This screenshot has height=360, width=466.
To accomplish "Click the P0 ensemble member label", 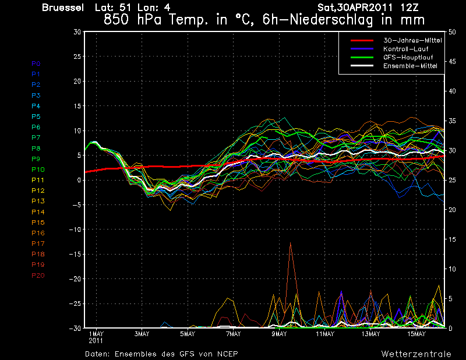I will (36, 63).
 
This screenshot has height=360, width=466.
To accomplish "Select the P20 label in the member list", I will (38, 276).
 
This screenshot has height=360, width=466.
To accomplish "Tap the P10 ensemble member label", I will (38, 170).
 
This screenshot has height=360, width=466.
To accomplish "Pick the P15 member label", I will (38, 223).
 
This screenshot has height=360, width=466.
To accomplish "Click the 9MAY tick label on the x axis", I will (279, 334).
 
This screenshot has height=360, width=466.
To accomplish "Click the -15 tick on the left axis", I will (75, 254).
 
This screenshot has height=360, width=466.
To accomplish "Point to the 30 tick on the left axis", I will (77, 32).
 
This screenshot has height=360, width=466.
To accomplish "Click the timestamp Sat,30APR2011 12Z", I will (368, 8).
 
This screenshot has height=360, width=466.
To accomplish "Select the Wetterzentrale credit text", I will (416, 354).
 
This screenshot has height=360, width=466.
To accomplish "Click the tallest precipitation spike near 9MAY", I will (290, 243).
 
